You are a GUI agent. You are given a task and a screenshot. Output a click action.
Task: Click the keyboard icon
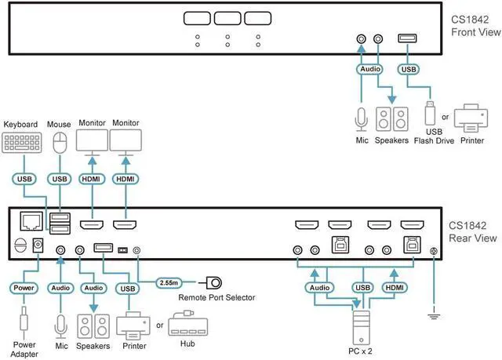(x=20, y=143)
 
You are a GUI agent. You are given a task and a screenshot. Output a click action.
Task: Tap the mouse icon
(x=59, y=143)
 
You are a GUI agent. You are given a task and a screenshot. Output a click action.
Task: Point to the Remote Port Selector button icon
(x=212, y=281)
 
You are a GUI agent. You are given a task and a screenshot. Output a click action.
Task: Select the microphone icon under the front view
(x=360, y=118)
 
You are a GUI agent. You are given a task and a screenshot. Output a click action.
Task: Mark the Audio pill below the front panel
(x=369, y=69)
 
